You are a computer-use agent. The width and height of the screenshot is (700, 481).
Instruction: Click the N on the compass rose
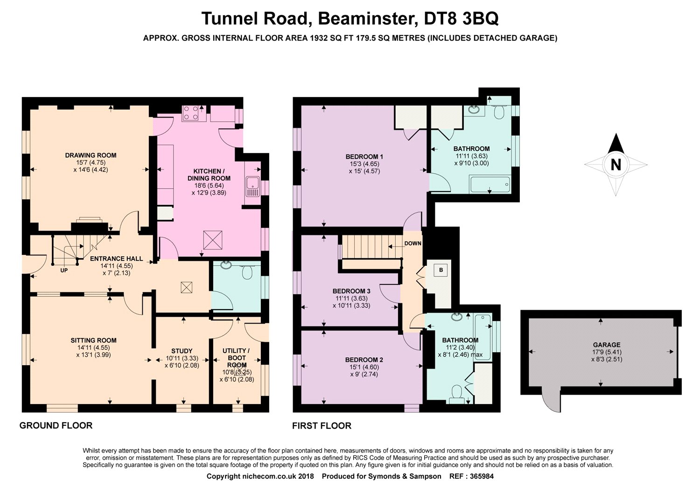pyautogui.click(x=616, y=165)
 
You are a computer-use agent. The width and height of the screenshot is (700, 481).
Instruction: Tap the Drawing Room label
pyautogui.click(x=91, y=155)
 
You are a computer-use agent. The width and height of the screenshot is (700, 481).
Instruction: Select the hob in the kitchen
pyautogui.click(x=191, y=113)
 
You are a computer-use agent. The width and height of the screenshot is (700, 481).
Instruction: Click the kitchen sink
pyautogui.click(x=252, y=186)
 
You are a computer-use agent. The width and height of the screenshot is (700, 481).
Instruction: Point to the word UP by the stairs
pyautogui.click(x=64, y=270)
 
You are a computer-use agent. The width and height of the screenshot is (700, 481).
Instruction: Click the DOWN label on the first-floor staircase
pyautogui.click(x=413, y=243)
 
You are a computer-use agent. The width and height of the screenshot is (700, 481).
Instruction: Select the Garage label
pyautogui.click(x=607, y=345)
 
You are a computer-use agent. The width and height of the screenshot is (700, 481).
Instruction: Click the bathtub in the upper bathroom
pyautogui.click(x=490, y=184)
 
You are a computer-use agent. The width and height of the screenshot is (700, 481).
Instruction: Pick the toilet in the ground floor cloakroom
pyautogui.click(x=247, y=272)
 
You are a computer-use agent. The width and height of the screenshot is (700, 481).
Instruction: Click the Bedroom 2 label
pyautogui.click(x=364, y=360)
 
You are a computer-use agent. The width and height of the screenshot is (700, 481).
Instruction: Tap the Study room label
pyautogui.click(x=182, y=351)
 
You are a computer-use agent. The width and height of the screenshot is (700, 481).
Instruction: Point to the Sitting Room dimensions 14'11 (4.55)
pyautogui.click(x=93, y=347)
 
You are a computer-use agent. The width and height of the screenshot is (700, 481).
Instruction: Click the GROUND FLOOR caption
pyautogui.click(x=56, y=425)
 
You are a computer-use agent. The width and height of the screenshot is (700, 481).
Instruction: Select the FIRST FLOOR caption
pyautogui.click(x=322, y=425)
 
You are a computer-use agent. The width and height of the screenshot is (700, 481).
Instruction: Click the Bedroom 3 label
pyautogui.click(x=351, y=291)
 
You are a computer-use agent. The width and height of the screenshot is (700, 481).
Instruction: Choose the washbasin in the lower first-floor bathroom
pyautogui.click(x=456, y=317)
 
